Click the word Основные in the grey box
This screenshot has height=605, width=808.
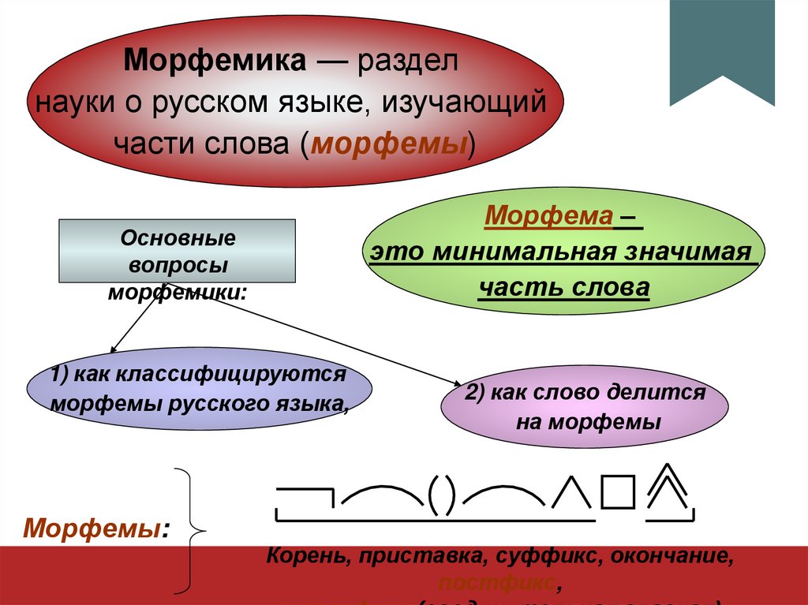click(x=177, y=238)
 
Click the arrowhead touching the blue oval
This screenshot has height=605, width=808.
click(x=113, y=349)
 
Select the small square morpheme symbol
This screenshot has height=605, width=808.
click(x=617, y=494)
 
